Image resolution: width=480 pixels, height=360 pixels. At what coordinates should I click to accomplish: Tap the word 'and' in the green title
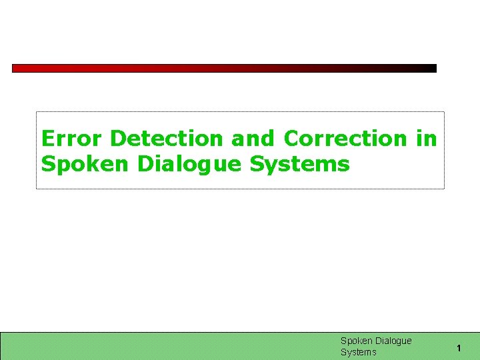[x=253, y=139]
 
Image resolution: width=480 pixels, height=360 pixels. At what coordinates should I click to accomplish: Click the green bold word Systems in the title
[x=300, y=163]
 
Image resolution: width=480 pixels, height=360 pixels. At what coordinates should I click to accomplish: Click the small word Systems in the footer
[x=359, y=352]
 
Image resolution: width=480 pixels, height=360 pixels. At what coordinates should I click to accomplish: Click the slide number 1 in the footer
[x=459, y=347]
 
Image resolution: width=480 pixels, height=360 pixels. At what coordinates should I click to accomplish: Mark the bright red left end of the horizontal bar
[x=17, y=68]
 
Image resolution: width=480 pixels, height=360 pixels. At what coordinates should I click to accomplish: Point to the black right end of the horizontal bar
[x=431, y=68]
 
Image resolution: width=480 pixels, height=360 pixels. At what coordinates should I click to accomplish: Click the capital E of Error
[x=47, y=139]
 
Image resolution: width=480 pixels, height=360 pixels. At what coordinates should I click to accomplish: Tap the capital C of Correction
[x=291, y=139]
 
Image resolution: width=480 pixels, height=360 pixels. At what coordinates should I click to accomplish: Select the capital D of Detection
[x=118, y=139]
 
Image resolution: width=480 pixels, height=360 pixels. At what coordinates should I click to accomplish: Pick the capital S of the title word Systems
[x=257, y=163]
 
